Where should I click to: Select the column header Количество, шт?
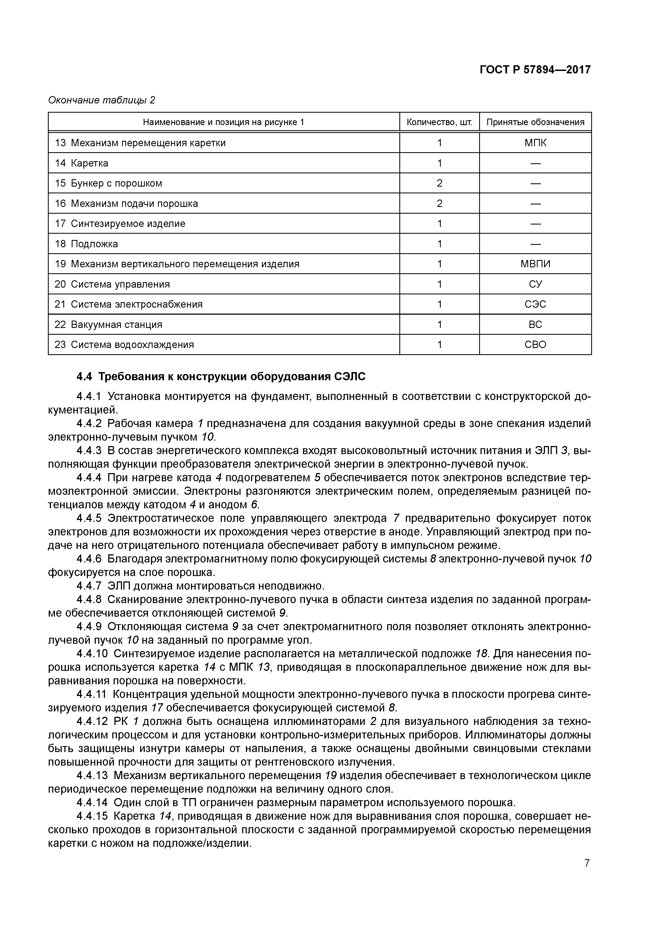[439, 122]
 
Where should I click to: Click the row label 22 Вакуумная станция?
[108, 324]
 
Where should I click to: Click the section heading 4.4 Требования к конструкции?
[221, 376]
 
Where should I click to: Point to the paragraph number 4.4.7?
[89, 586]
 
